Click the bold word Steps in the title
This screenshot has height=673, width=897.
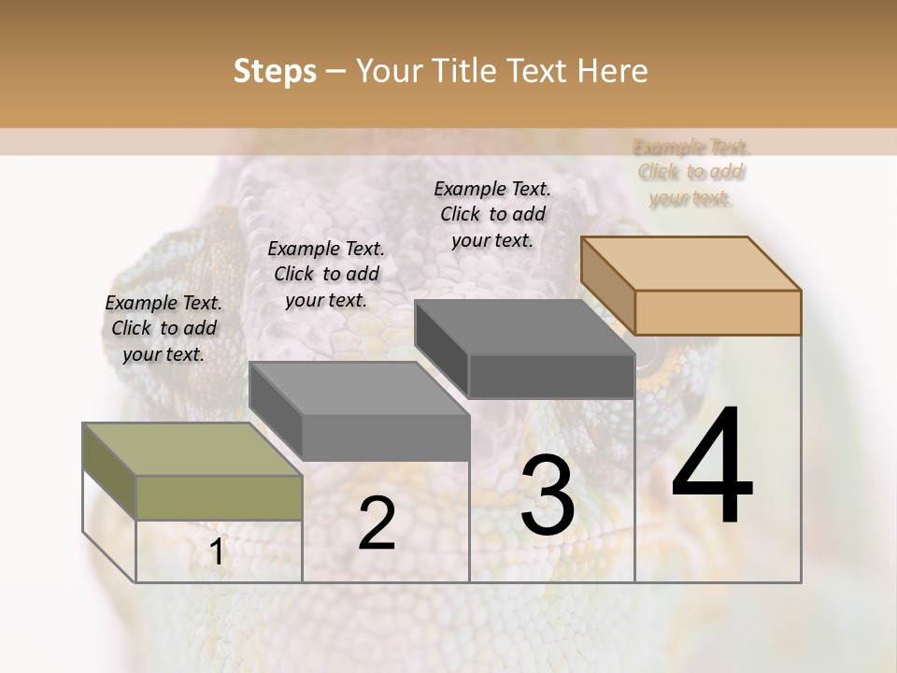pos(275,71)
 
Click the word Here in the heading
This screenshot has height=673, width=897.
pos(612,71)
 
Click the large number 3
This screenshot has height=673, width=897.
pos(548,495)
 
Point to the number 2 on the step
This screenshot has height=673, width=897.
pos(377,523)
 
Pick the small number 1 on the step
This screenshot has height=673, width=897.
pos(217,552)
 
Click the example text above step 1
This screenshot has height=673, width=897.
pos(164,328)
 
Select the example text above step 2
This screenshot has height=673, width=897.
pos(326,274)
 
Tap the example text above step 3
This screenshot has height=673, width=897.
pos(492,214)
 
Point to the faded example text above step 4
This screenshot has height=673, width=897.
pos(691,172)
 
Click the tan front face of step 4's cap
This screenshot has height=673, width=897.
pos(718,312)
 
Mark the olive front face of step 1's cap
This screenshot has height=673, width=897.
pos(219,497)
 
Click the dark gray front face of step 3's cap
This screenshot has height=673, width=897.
pos(551,377)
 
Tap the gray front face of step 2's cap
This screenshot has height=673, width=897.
pos(385,437)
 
